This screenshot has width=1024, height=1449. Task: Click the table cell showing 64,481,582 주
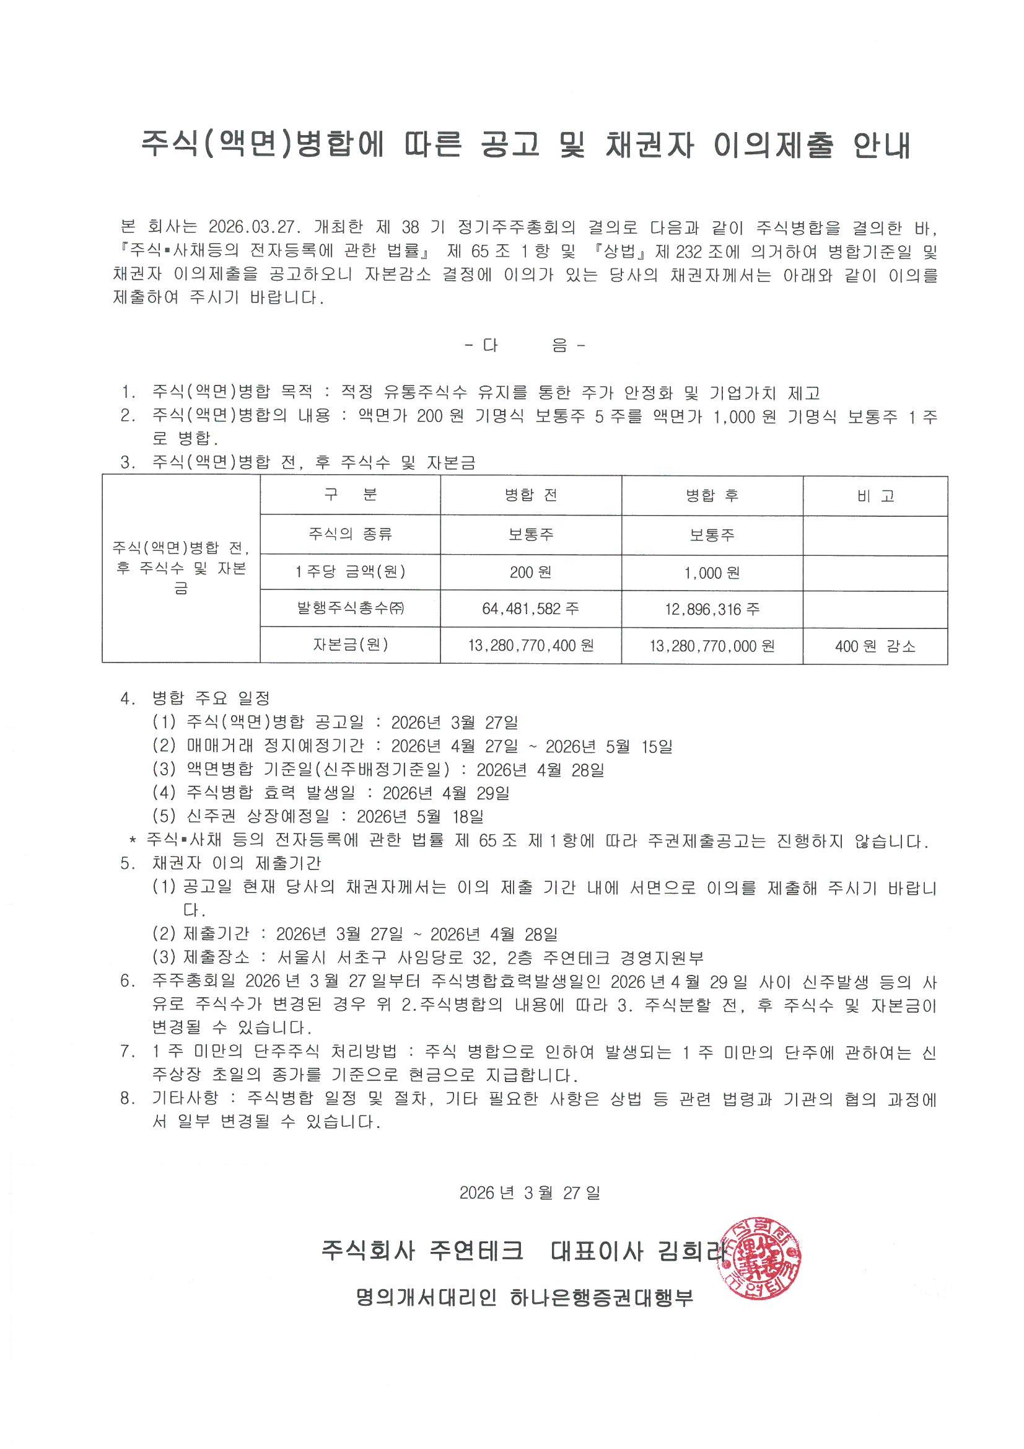point(530,609)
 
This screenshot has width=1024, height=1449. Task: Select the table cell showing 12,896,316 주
point(712,609)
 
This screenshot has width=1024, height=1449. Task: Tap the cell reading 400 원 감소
point(875,646)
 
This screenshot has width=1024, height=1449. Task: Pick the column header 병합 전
point(530,495)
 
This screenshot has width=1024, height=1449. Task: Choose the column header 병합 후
point(712,495)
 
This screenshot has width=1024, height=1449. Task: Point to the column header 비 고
point(875,496)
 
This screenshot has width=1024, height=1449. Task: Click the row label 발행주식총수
point(350,609)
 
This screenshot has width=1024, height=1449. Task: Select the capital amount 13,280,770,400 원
point(530,646)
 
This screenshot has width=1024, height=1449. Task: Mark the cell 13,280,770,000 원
point(712,646)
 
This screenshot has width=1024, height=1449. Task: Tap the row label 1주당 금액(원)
point(350,573)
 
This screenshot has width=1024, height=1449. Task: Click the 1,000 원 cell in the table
point(712,573)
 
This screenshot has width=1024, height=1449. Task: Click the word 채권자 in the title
point(649,145)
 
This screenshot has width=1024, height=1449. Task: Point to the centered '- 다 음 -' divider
point(525,345)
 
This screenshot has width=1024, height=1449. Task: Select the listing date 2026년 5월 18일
point(419,817)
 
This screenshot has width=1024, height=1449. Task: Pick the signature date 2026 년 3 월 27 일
point(530,1193)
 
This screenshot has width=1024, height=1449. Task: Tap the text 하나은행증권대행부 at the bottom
point(602,1298)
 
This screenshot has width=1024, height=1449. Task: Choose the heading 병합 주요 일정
point(211,698)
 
